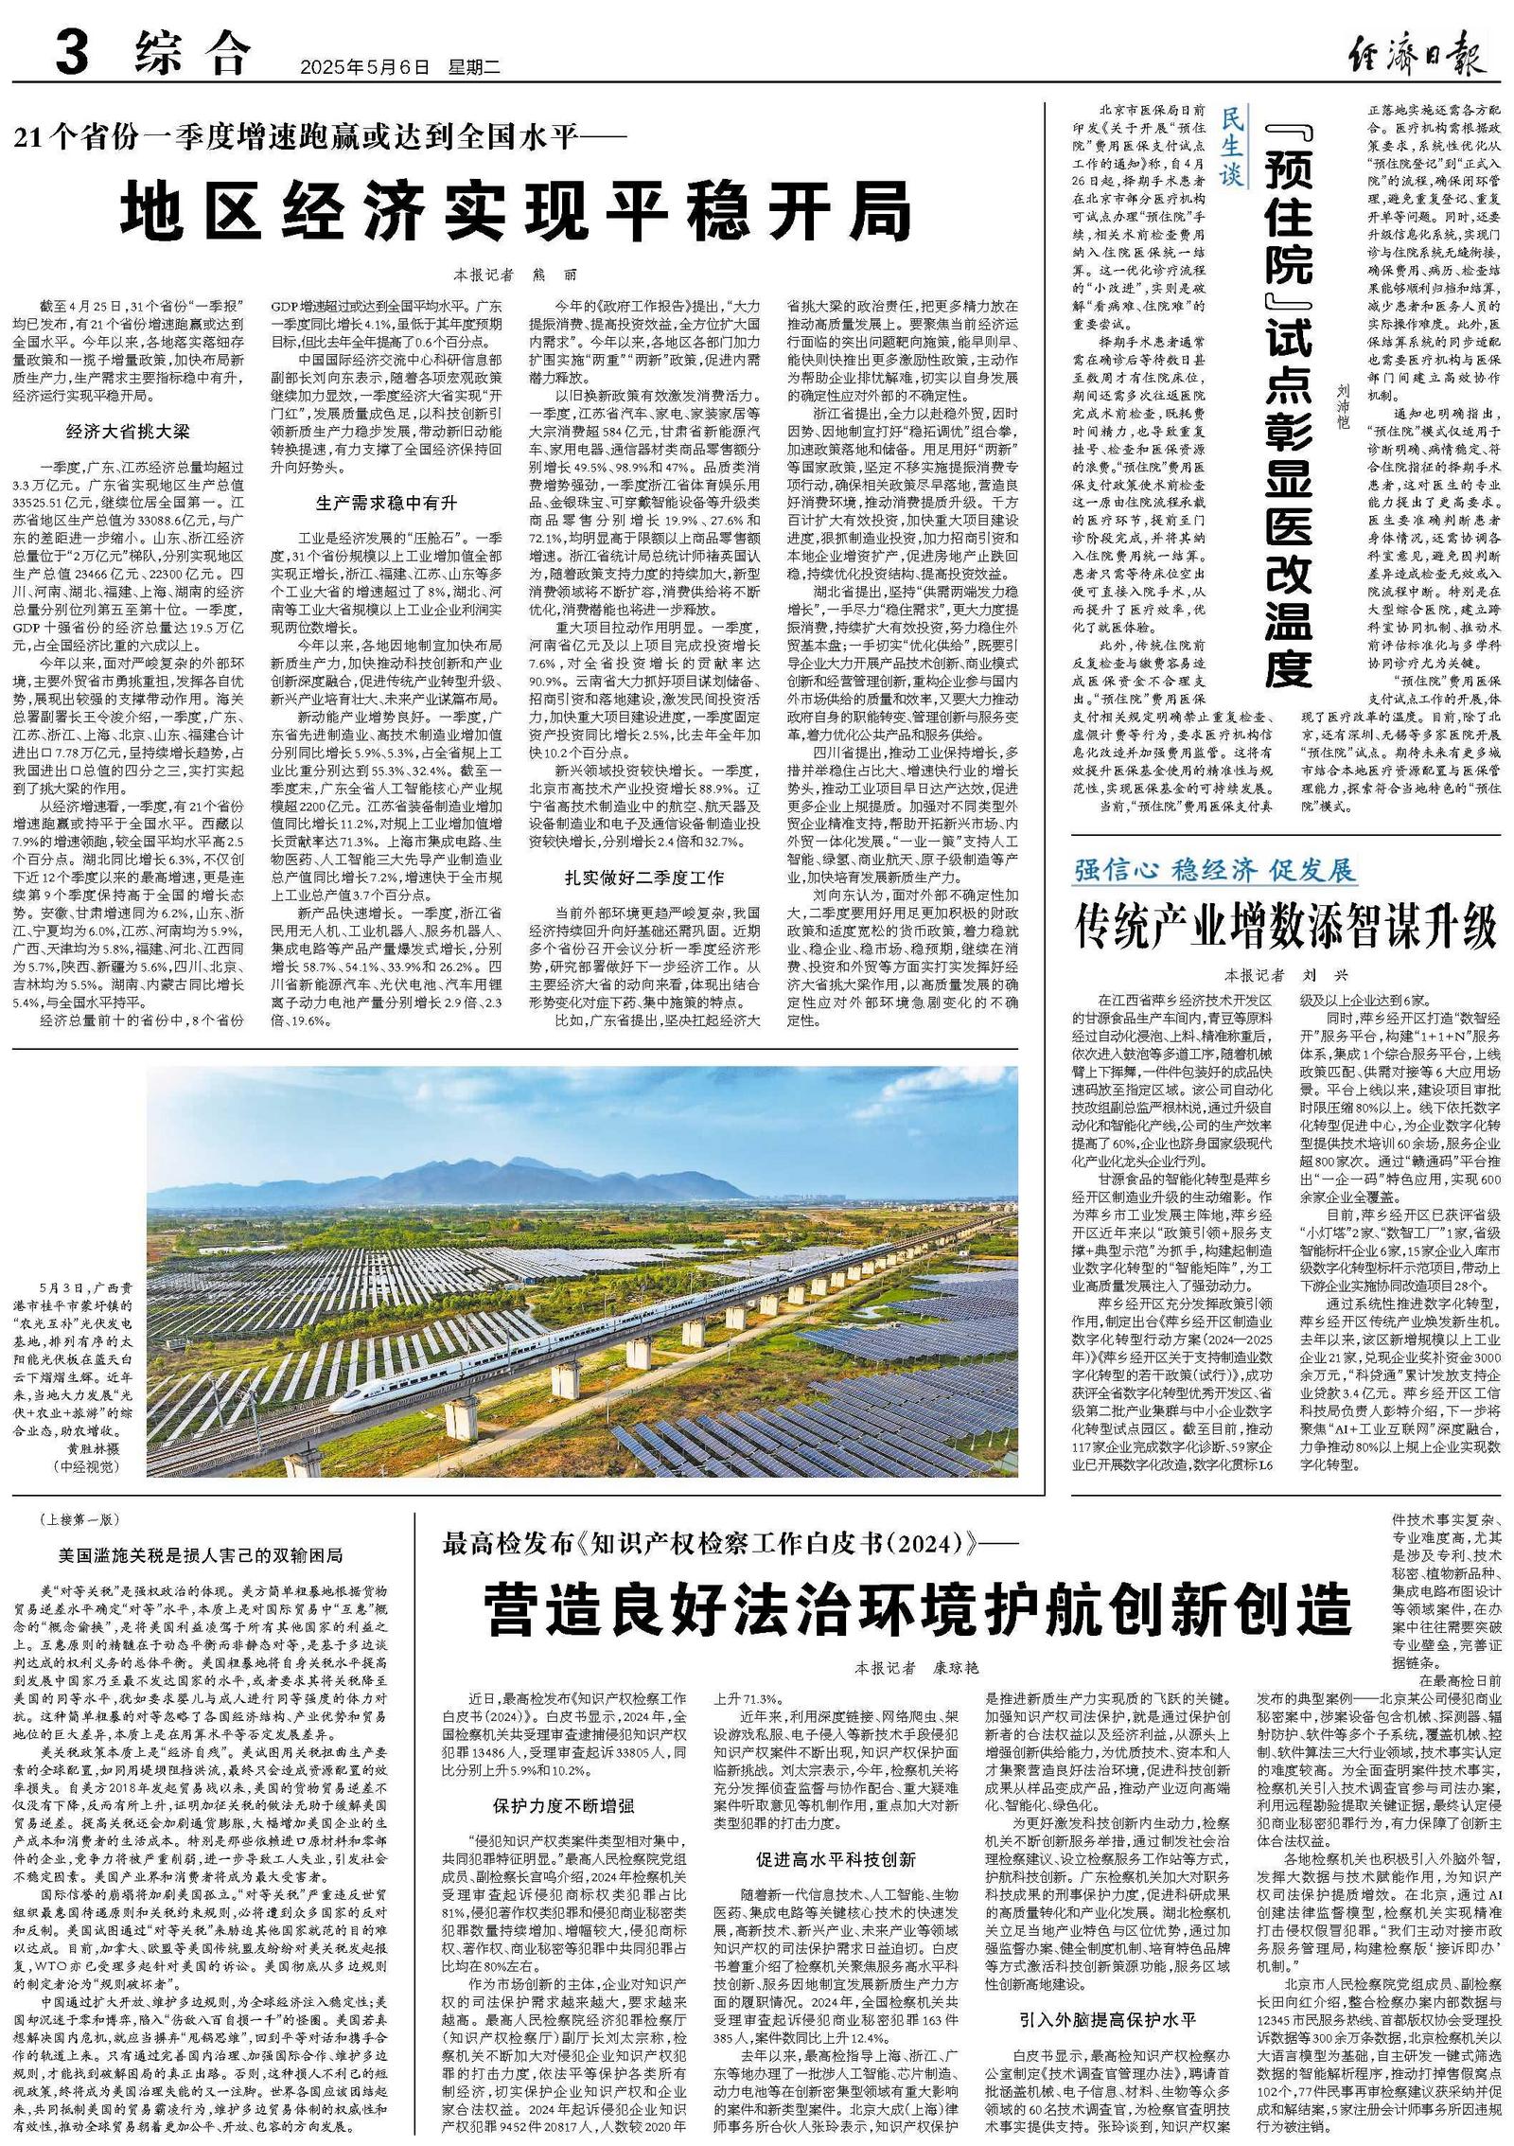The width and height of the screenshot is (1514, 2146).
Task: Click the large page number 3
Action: click(x=72, y=51)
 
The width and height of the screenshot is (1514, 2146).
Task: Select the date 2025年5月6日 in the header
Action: click(x=364, y=67)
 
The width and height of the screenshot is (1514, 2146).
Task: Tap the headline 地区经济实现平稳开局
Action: click(x=516, y=212)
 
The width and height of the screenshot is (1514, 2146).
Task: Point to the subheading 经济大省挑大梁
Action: click(x=128, y=432)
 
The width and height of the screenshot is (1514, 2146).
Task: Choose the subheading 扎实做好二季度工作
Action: click(x=644, y=878)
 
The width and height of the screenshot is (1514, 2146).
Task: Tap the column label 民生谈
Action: click(x=1232, y=147)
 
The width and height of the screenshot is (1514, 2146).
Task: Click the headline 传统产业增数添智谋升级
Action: click(x=1286, y=927)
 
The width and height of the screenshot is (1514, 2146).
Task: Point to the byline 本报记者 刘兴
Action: click(x=1286, y=974)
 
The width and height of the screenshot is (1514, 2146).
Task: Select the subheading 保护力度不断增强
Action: click(x=563, y=1806)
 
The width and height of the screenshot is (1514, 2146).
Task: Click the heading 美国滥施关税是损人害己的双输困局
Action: click(x=200, y=1555)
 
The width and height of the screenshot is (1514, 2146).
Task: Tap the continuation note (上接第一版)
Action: click(x=80, y=1520)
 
